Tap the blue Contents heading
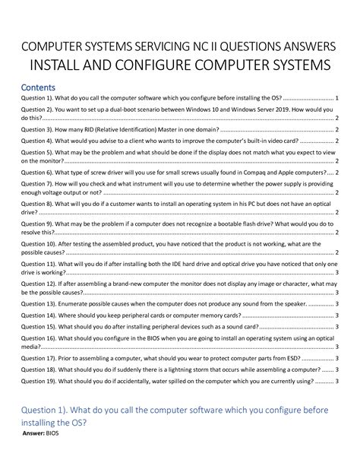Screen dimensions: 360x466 coord(39,87)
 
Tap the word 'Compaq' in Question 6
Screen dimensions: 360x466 coord(239,173)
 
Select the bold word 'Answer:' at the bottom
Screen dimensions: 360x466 coord(33,434)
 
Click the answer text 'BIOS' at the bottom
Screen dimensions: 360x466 coord(52,434)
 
